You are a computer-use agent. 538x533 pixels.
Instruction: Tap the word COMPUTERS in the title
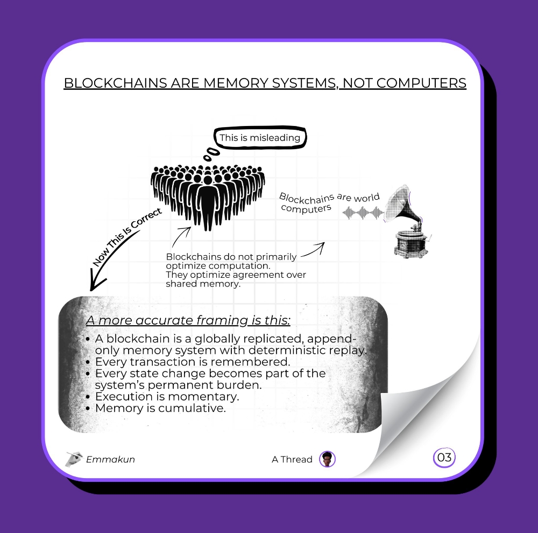pyautogui.click(x=421, y=83)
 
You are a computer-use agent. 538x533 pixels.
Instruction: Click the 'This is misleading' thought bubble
pyautogui.click(x=260, y=138)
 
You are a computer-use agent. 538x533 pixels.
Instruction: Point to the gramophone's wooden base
pyautogui.click(x=411, y=244)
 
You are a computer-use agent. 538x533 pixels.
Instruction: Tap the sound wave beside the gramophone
pyautogui.click(x=363, y=213)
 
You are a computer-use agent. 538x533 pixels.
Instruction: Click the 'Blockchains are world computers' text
pyautogui.click(x=329, y=202)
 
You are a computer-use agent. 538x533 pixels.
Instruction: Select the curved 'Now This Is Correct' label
pyautogui.click(x=126, y=237)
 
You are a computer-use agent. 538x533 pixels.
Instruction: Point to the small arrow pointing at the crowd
pyautogui.click(x=181, y=237)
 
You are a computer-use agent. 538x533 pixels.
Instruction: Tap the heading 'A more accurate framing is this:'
pyautogui.click(x=188, y=320)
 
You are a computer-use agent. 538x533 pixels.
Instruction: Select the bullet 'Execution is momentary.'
pyautogui.click(x=162, y=396)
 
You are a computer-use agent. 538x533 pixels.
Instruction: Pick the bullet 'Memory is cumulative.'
pyautogui.click(x=156, y=408)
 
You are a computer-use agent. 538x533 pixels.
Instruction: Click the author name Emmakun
pyautogui.click(x=110, y=459)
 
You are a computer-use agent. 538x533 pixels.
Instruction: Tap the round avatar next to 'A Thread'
pyautogui.click(x=327, y=459)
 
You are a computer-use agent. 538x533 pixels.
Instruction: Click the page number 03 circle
pyautogui.click(x=444, y=458)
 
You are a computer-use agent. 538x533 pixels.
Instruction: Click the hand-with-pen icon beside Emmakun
pyautogui.click(x=74, y=459)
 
